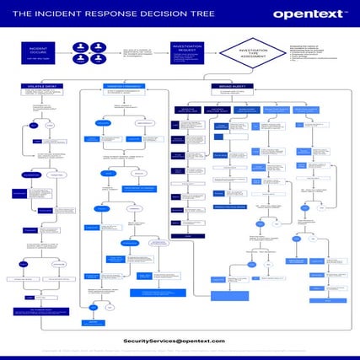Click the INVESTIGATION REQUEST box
click(186, 52)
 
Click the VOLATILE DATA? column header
click(40, 86)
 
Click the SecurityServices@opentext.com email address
click(174, 340)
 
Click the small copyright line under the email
click(180, 349)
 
